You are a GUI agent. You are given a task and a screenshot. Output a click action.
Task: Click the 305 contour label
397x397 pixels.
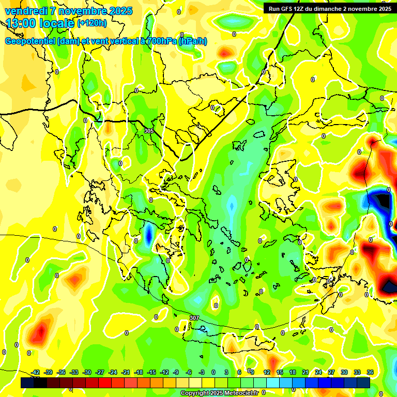[149, 131]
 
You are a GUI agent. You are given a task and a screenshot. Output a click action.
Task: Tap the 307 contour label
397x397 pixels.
[194, 317]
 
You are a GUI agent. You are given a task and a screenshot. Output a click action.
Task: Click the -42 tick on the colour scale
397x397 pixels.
[36, 372]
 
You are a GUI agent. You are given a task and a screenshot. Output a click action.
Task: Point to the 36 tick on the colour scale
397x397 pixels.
[370, 372]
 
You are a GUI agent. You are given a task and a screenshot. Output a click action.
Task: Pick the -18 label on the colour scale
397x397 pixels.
[139, 372]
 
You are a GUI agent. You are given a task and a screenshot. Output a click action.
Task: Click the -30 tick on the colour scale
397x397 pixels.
[87, 372]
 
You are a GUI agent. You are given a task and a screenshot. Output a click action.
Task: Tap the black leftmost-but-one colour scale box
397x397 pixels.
[40, 383]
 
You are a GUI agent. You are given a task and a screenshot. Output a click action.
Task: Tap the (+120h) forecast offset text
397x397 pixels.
[92, 23]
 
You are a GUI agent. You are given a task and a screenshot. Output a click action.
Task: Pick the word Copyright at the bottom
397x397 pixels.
[195, 393]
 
